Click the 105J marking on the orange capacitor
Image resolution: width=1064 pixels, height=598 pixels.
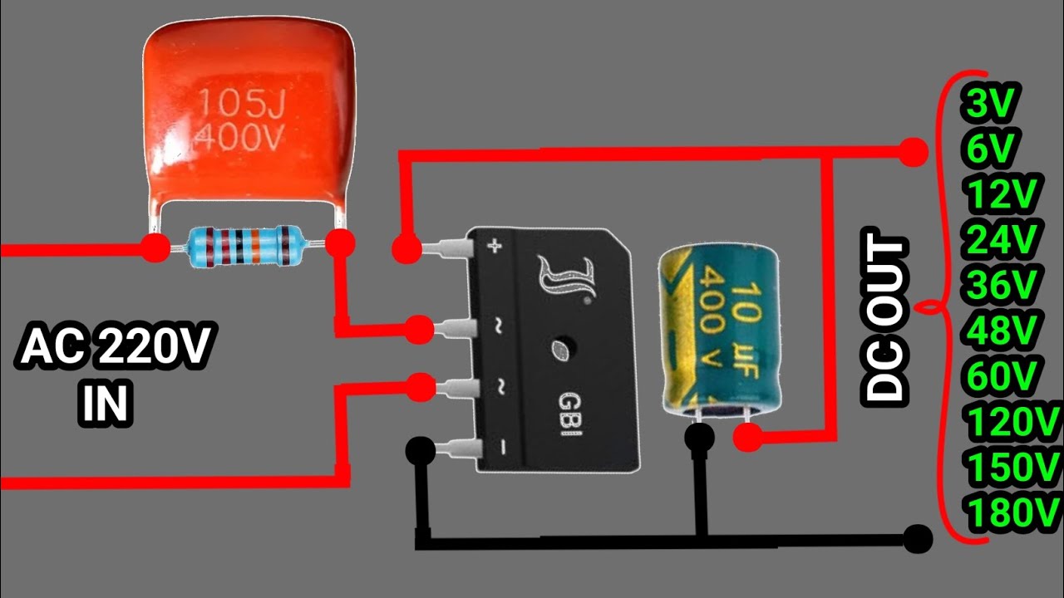point(242,103)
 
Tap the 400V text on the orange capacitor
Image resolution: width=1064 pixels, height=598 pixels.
point(239,137)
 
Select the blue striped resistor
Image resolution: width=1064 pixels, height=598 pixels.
point(245,247)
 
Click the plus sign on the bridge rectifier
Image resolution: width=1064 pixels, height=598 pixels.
point(495,246)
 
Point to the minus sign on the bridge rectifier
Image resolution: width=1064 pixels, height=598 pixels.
point(503,447)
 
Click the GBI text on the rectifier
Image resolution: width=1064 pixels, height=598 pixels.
point(569,414)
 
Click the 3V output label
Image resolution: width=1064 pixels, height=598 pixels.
point(989,101)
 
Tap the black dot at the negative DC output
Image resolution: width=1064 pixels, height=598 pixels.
point(917,539)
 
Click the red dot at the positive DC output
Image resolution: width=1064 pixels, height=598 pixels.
point(912,151)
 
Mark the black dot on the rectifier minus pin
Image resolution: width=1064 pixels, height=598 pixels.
point(421,450)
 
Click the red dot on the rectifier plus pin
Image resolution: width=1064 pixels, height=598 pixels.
point(407,248)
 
